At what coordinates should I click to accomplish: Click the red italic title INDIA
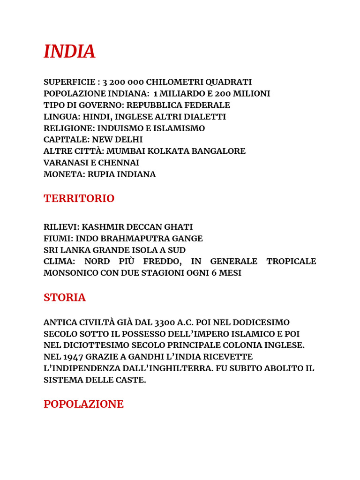tap(69, 52)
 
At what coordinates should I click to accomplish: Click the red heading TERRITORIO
tap(79, 199)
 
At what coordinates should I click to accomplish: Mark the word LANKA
tap(75, 250)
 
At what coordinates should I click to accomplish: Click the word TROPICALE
tap(291, 261)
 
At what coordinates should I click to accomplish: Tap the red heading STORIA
tap(65, 298)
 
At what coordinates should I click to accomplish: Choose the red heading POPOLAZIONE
tap(83, 404)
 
